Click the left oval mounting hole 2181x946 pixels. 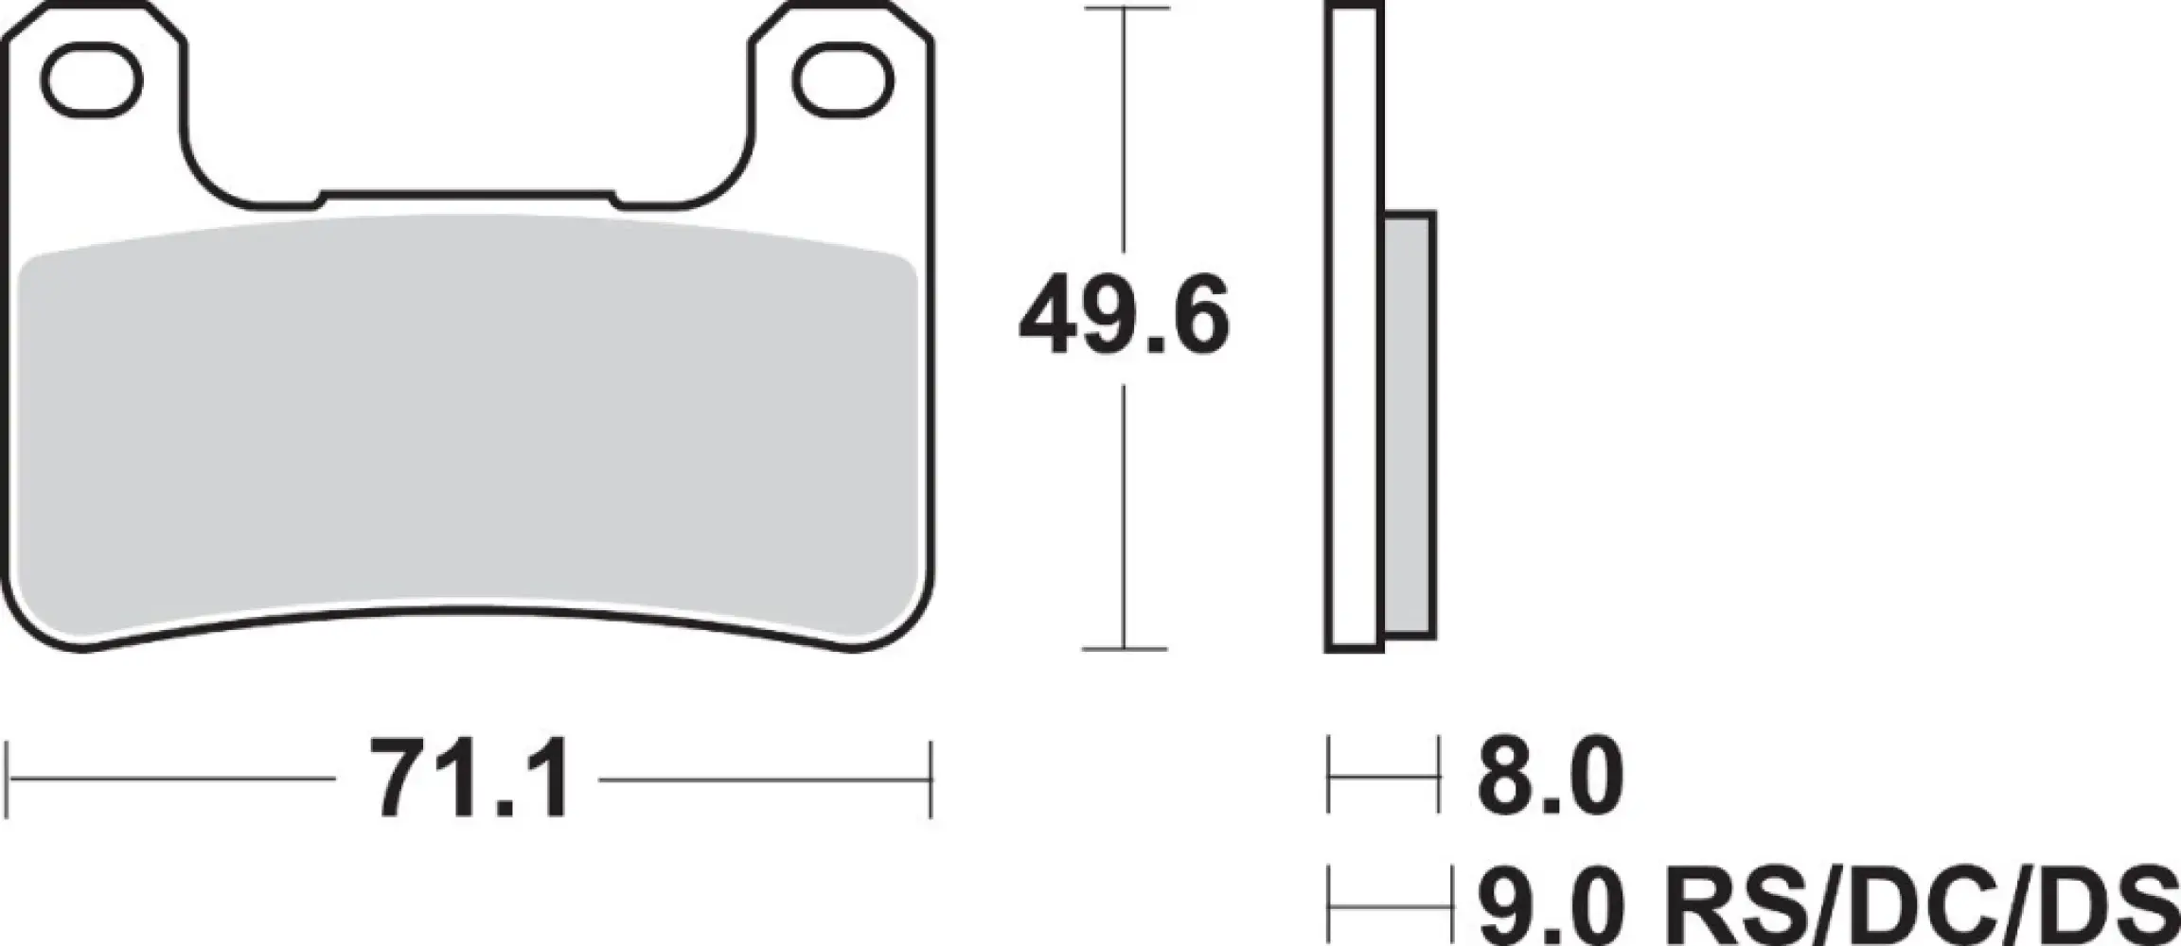click(x=95, y=83)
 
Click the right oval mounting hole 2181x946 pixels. click(x=842, y=83)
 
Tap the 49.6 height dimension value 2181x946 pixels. click(x=1124, y=314)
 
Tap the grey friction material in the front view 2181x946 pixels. click(x=469, y=426)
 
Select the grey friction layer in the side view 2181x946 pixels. click(x=1410, y=426)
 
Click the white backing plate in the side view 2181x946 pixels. click(x=1354, y=331)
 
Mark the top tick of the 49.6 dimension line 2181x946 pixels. click(x=1124, y=9)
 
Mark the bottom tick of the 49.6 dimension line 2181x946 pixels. click(x=1124, y=649)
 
